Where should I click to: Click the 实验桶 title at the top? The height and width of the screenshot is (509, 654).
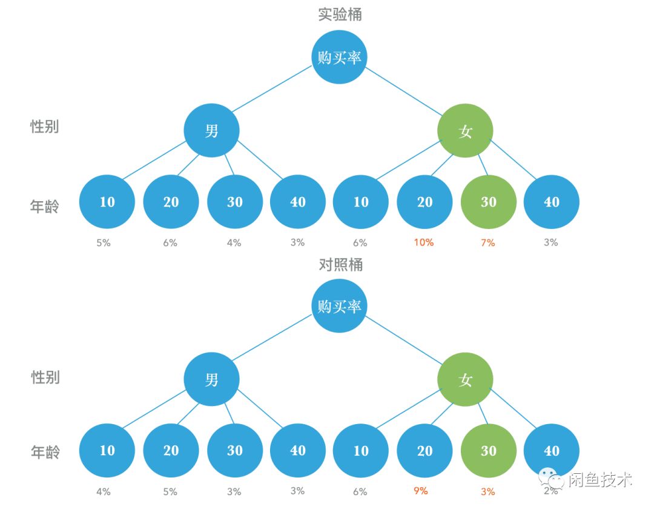[x=340, y=15]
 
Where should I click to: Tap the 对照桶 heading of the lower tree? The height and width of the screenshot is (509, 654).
[x=340, y=264]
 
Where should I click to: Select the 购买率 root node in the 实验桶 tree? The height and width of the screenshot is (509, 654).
[x=339, y=57]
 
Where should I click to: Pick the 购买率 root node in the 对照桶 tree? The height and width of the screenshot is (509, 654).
[x=339, y=306]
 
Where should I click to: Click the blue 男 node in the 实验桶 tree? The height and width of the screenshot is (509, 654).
[x=211, y=130]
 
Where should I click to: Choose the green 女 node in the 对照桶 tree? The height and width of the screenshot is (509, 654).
[x=465, y=380]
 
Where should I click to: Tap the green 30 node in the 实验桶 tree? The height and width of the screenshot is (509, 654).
[x=488, y=202]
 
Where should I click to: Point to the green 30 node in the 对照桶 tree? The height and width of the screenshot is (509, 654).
[x=488, y=451]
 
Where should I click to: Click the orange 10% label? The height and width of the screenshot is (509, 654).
[x=423, y=242]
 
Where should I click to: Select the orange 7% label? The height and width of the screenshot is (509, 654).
[x=487, y=243]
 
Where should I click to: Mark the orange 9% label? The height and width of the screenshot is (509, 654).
[x=421, y=491]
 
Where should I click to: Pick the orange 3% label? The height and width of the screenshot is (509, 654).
[x=487, y=492]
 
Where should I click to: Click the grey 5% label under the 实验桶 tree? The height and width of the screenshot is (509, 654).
[x=104, y=243]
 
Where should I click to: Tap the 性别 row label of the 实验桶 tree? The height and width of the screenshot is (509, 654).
[x=45, y=127]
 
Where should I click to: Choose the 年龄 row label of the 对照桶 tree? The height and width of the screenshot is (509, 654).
[x=45, y=451]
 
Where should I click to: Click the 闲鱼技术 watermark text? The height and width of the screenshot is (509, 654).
[x=600, y=481]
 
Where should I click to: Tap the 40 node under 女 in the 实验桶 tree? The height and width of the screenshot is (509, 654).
[x=551, y=202]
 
